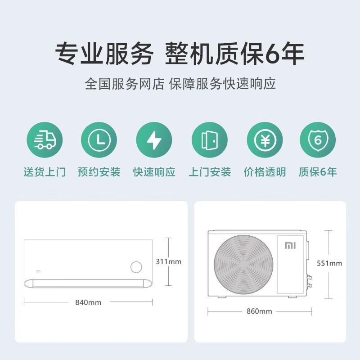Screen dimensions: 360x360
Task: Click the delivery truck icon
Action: [x=45, y=140]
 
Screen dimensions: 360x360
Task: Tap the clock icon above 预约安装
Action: [x=99, y=140]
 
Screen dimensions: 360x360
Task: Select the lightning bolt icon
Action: [x=154, y=140]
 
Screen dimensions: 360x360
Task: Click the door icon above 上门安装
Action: [x=209, y=140]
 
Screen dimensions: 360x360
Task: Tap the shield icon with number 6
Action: [x=318, y=140]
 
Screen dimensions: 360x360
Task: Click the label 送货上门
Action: [x=45, y=172]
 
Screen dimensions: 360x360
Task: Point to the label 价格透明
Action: [x=265, y=172]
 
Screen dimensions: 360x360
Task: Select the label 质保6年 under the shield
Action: [x=318, y=172]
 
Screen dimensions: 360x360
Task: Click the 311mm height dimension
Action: [x=168, y=261]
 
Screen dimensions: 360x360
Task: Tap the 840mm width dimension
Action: [x=88, y=302]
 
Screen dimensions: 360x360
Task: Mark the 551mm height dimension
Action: [x=329, y=263]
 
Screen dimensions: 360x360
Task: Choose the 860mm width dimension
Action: [x=259, y=311]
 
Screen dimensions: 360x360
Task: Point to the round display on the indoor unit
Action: [x=136, y=267]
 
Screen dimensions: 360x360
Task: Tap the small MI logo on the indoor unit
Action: [x=38, y=272]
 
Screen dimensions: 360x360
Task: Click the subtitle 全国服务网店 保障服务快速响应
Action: [x=180, y=84]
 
